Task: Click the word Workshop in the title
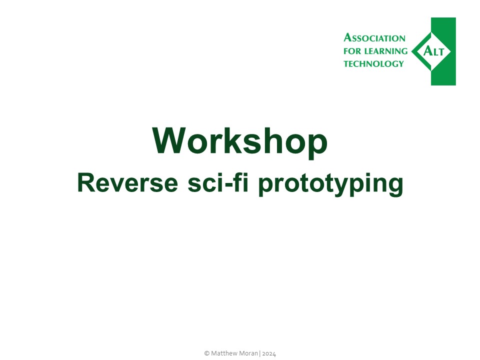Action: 240,141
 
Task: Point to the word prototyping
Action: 330,184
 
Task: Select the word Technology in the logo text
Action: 373,64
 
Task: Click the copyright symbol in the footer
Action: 206,353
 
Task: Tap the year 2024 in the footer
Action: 269,353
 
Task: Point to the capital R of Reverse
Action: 85,183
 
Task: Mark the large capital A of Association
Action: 347,37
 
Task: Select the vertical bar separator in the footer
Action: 259,353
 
